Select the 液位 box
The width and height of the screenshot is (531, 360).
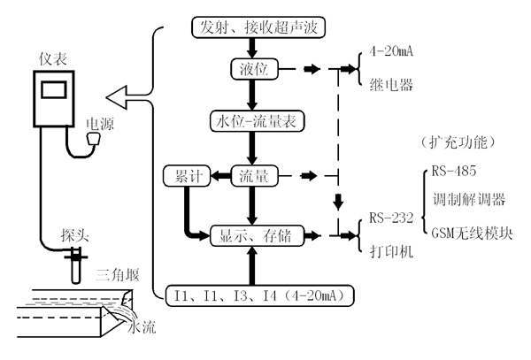(x=253, y=69)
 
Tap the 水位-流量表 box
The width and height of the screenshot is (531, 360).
(x=252, y=119)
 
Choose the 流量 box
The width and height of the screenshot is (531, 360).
(x=254, y=177)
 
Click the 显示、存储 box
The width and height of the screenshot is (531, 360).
(x=257, y=235)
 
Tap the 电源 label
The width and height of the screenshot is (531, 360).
(x=98, y=125)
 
